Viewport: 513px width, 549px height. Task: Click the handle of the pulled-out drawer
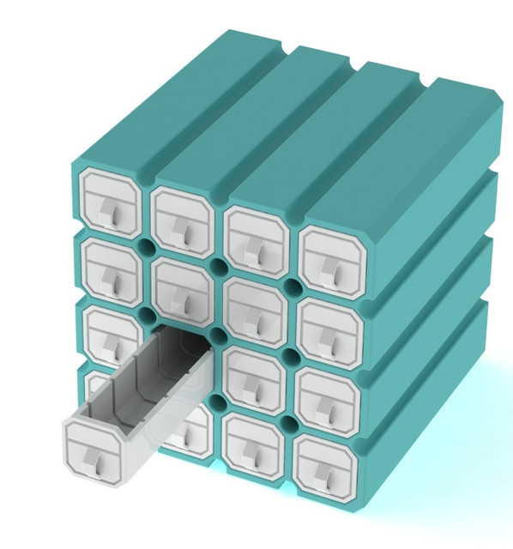[100, 464]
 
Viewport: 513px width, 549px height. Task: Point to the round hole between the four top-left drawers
[146, 244]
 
